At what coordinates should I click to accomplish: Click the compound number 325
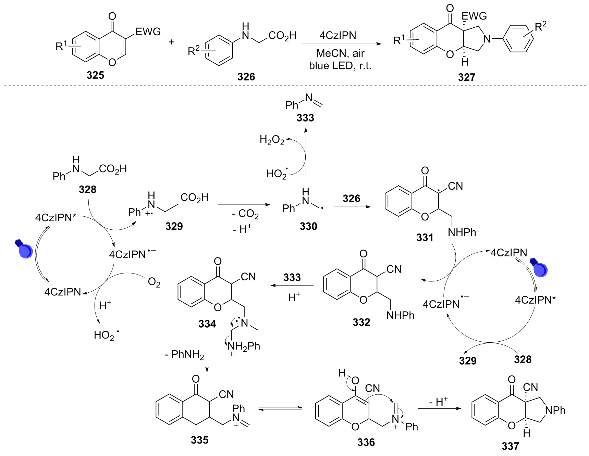tap(95, 75)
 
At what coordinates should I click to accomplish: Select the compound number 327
tap(466, 77)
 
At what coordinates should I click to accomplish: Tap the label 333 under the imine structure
tap(305, 118)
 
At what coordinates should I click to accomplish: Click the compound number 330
tap(308, 226)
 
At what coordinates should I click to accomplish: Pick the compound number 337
tap(510, 446)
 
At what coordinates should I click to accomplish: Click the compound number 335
tap(199, 440)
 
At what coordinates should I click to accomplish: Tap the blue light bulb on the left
tap(24, 249)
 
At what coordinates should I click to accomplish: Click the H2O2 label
tap(272, 140)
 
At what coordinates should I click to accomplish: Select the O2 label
tap(154, 283)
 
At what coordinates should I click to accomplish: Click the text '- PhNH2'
tap(184, 354)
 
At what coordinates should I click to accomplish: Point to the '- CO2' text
tap(245, 214)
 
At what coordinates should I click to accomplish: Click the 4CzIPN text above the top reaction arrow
tap(338, 35)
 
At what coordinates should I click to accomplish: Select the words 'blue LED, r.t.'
tap(340, 65)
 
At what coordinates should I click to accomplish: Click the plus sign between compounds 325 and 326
tap(171, 42)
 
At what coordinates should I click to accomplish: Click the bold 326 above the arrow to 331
tap(352, 199)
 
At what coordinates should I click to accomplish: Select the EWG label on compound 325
tap(148, 32)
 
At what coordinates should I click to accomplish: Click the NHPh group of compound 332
tap(400, 315)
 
